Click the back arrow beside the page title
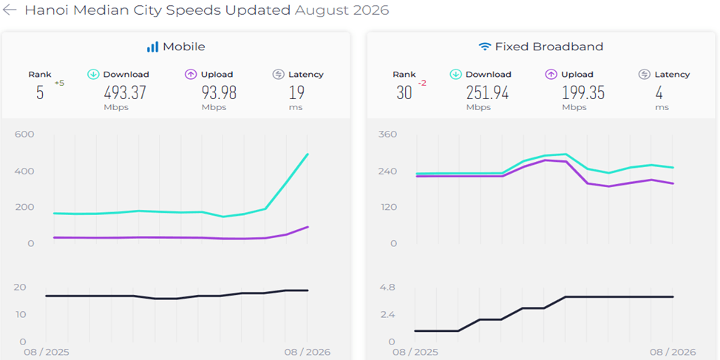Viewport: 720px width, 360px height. point(9,10)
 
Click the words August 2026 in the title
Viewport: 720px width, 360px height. point(342,10)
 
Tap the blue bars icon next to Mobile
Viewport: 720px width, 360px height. point(152,47)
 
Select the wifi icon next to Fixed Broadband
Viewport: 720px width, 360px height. point(484,47)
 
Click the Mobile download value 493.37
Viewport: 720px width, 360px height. point(125,92)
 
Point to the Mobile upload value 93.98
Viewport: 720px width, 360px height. point(219,92)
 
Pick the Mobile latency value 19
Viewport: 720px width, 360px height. point(296,92)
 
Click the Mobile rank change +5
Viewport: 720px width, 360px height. point(59,83)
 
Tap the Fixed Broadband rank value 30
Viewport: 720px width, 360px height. point(404,92)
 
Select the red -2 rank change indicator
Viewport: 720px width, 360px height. point(422,83)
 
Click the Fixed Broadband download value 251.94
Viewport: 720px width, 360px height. point(488,92)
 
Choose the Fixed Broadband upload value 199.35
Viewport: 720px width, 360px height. point(583,92)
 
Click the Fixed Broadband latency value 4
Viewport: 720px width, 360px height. point(659,92)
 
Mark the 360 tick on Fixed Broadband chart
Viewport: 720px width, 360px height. point(387,134)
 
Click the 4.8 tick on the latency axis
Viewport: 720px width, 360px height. point(387,288)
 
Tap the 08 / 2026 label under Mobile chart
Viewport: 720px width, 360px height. point(308,353)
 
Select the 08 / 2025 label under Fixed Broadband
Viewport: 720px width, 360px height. point(415,353)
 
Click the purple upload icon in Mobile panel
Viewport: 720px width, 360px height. point(191,75)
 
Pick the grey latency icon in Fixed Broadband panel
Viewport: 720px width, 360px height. point(645,75)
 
